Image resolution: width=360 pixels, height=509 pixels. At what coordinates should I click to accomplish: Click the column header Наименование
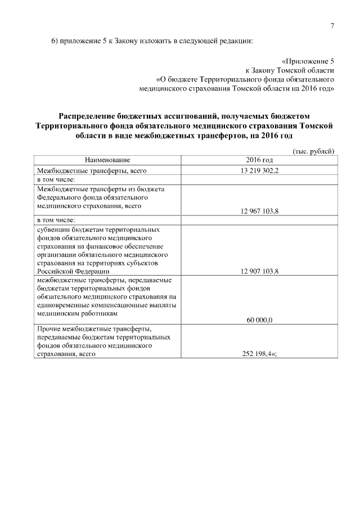coord(108,160)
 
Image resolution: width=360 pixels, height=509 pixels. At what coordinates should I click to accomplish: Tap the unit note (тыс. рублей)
coord(314,151)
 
